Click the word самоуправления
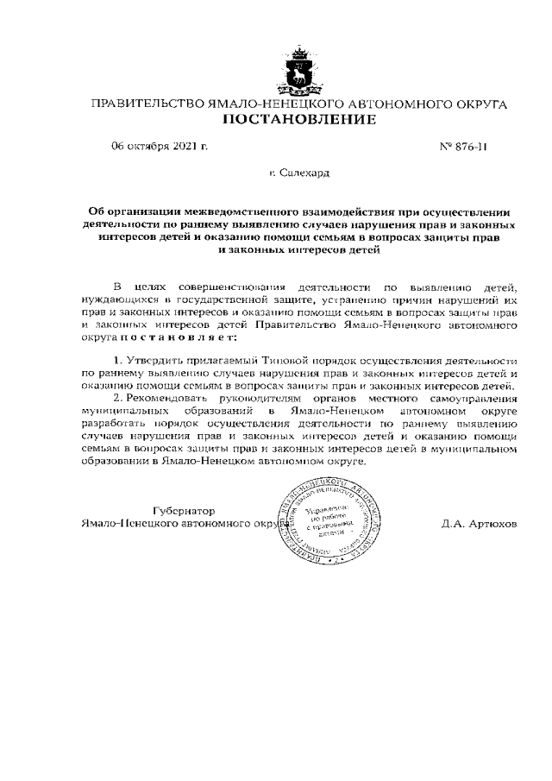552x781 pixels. point(467,399)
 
